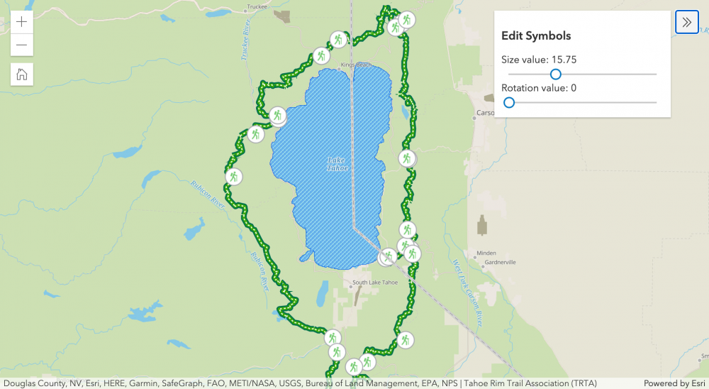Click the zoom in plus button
point(22,21)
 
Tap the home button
point(22,73)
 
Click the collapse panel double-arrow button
point(686,22)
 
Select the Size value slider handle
point(556,74)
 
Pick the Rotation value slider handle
point(509,102)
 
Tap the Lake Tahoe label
point(337,164)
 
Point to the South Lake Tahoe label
point(375,283)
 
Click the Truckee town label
point(256,7)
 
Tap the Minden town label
point(486,253)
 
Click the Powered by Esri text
point(674,383)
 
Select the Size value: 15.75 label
point(539,60)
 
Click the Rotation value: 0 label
point(539,88)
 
